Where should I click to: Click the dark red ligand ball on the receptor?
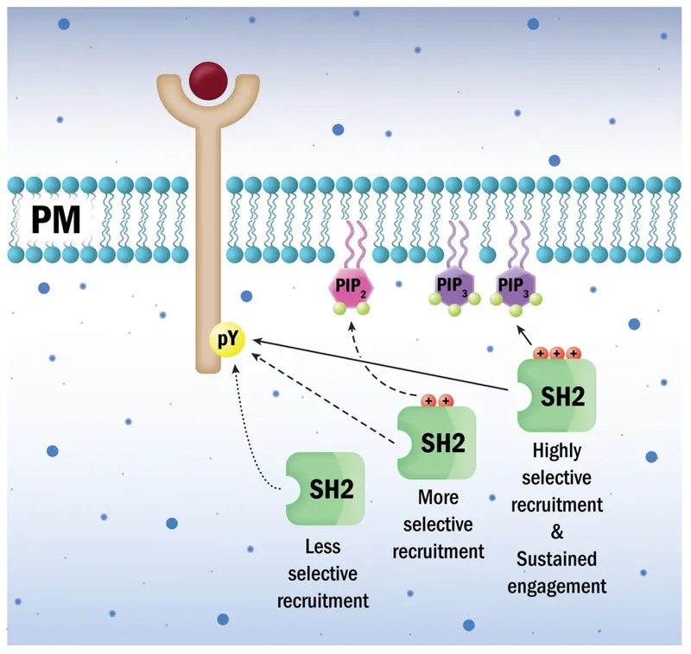click(208, 81)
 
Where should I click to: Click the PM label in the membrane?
click(56, 220)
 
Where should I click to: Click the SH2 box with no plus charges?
click(326, 488)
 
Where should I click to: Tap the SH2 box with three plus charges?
click(557, 396)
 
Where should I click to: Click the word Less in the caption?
click(323, 547)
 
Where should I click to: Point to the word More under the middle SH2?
click(438, 498)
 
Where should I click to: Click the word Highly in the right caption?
click(557, 450)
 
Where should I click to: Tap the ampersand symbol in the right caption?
click(557, 531)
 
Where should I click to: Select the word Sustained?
click(557, 558)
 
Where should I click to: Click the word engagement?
click(557, 586)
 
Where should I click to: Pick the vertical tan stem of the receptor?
click(208, 259)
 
